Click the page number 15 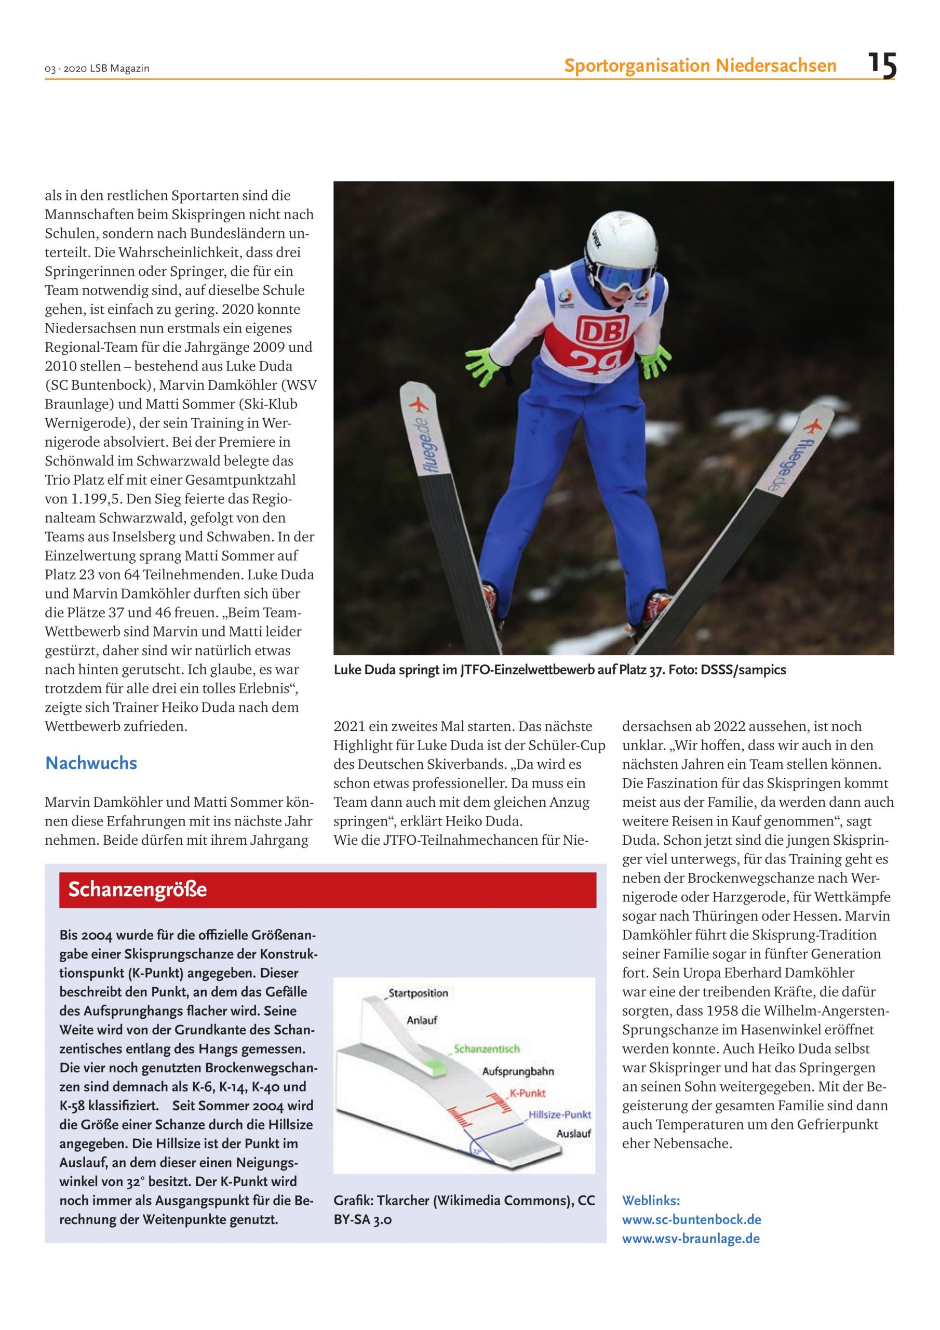881,65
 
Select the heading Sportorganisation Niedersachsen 700,66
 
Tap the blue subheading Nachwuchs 91,763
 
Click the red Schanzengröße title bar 327,889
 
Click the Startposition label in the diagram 418,993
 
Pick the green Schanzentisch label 487,1048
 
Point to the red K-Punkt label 527,1093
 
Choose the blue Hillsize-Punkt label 559,1114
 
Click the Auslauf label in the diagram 573,1134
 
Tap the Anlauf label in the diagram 422,1020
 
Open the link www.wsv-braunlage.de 690,1239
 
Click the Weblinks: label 650,1200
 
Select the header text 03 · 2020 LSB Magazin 97,69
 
